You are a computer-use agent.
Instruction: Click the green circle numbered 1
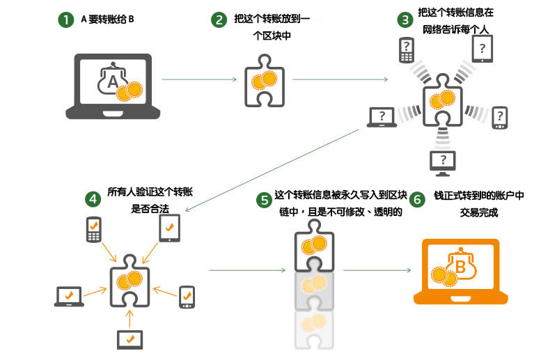pos(65,19)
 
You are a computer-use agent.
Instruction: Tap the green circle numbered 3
pos(404,19)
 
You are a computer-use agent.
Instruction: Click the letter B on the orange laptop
pos(460,265)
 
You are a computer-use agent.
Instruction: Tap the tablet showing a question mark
pos(483,48)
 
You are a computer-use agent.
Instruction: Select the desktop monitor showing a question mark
pos(443,162)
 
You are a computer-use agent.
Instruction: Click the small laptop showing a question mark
pos(381,117)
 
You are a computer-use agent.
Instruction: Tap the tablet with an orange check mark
pos(170,227)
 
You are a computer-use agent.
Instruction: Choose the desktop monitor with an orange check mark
pos(130,338)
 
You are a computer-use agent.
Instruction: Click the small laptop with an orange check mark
pos(69,297)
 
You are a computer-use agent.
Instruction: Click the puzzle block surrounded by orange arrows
pos(130,280)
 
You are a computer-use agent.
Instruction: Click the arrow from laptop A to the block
pos(198,80)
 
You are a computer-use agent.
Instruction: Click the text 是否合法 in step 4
pos(150,207)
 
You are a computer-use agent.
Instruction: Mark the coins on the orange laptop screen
pos(442,276)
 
